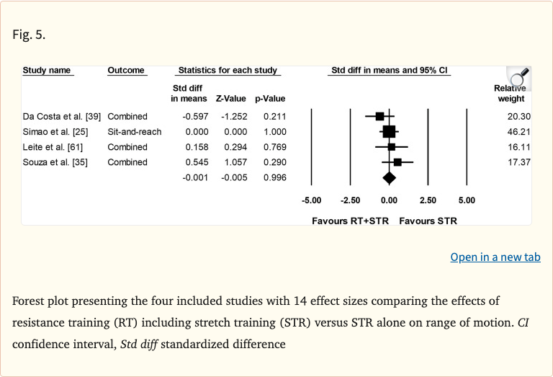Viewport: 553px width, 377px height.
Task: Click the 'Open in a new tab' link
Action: [495, 257]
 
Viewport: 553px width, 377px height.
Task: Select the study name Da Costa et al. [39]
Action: [62, 117]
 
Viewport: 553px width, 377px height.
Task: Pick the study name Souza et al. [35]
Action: [55, 162]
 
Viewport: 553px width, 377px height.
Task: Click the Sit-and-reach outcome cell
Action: [135, 132]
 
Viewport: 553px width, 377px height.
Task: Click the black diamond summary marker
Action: [389, 177]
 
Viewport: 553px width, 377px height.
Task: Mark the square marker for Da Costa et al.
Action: [379, 116]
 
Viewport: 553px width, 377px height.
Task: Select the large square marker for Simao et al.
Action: [389, 131]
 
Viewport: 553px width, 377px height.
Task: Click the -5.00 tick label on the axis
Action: [311, 200]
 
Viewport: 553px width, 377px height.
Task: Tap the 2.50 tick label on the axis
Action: [428, 200]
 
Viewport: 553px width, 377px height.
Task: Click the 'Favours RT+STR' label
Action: [350, 221]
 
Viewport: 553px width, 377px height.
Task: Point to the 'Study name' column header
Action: [47, 71]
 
